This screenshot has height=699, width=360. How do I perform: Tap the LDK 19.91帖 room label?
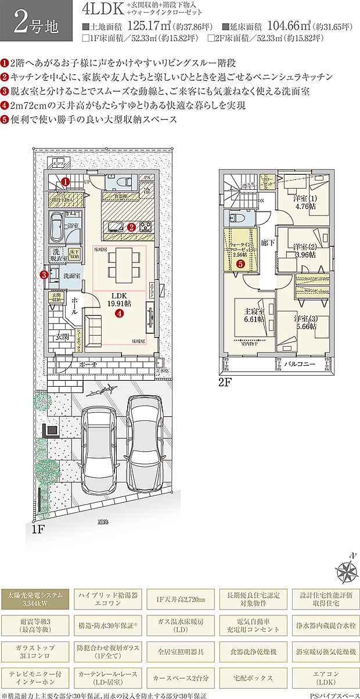(x=118, y=298)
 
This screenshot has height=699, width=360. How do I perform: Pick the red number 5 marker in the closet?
(x=241, y=263)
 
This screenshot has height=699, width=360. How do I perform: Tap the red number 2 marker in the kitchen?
(x=132, y=227)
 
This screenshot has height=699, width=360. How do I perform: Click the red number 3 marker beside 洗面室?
(x=45, y=275)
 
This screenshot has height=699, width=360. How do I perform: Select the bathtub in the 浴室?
(x=57, y=227)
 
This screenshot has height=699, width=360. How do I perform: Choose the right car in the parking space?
(x=143, y=439)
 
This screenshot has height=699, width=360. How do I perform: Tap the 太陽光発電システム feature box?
(x=36, y=599)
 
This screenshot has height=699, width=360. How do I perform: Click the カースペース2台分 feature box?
(x=181, y=677)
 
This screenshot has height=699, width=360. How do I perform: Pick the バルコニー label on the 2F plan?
(x=300, y=364)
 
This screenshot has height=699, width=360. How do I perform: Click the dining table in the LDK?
(x=123, y=263)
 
